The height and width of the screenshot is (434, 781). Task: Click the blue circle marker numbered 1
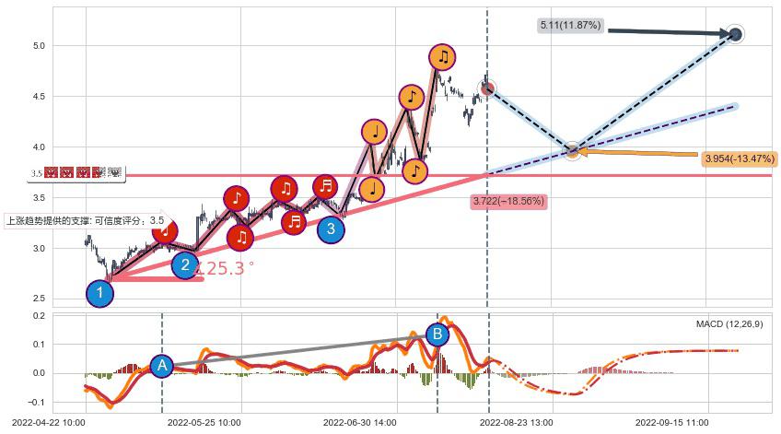pos(100,294)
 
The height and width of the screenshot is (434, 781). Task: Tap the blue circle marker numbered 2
pos(185,265)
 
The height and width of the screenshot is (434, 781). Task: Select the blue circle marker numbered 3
pos(331,229)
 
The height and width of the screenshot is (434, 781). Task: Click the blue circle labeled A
pos(162,366)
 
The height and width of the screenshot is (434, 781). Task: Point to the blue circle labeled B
pos(437,334)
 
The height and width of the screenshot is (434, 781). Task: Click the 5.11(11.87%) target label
pos(569,26)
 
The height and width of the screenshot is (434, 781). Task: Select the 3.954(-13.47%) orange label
pos(739,159)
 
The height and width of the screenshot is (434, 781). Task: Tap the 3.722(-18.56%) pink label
pos(508,201)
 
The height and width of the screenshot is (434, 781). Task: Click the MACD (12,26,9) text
pos(729,324)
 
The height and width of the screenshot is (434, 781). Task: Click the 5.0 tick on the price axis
pos(39,46)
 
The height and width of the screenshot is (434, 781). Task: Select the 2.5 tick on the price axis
pos(39,299)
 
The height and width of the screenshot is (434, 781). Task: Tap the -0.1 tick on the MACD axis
pos(37,403)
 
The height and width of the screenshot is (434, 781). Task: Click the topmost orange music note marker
pos(443,57)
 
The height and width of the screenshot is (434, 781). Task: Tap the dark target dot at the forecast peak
pos(735,35)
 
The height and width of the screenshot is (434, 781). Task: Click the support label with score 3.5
pos(86,220)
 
